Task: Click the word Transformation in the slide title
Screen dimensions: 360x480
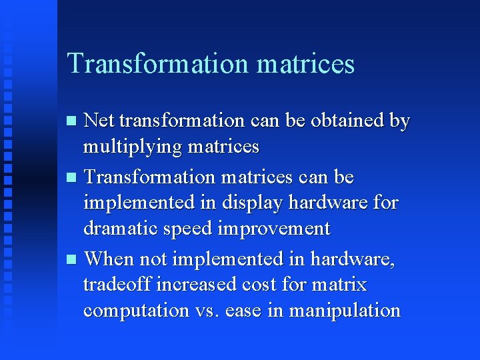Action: click(157, 63)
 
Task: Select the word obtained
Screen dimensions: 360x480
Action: click(347, 121)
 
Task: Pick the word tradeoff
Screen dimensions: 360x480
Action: click(117, 285)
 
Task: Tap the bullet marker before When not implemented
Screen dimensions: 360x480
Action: click(73, 259)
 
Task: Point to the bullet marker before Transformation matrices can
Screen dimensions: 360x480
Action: click(73, 178)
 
